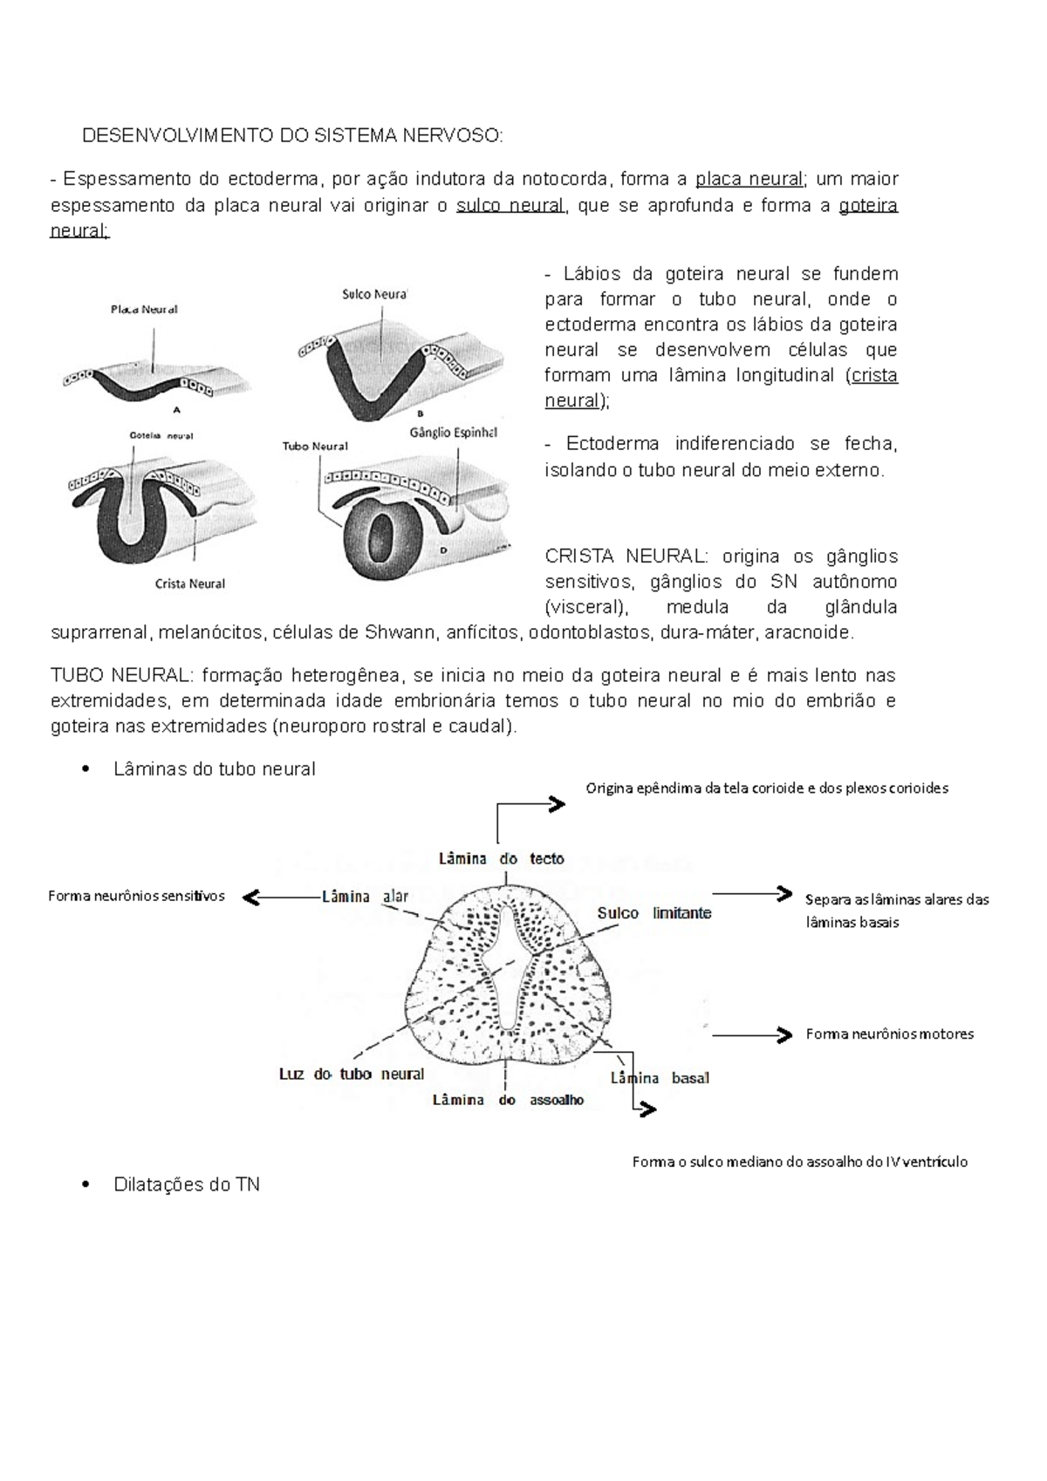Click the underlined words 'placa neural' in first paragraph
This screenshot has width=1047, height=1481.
tap(749, 180)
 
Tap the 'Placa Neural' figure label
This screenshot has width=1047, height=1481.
tap(144, 309)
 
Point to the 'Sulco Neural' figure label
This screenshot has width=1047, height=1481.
tap(374, 294)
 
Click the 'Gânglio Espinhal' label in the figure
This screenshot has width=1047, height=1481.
tap(453, 432)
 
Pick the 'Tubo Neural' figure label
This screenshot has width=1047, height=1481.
tap(315, 446)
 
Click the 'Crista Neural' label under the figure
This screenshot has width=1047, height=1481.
tap(190, 584)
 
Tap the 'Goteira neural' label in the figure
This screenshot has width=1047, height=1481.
tap(161, 435)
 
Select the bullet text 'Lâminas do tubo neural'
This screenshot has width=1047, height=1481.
tap(214, 768)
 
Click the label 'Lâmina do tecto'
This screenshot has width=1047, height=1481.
tap(501, 858)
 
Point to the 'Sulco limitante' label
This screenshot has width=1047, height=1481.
tap(654, 913)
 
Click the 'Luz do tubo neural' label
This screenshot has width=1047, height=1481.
tap(352, 1074)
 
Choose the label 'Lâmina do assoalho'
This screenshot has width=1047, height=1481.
tap(508, 1100)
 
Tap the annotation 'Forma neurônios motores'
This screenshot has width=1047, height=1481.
tap(889, 1034)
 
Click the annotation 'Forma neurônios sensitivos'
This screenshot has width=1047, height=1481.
tap(137, 896)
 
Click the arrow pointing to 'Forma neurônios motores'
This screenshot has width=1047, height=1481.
tap(750, 1034)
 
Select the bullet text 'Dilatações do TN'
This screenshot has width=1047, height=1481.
tap(187, 1184)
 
